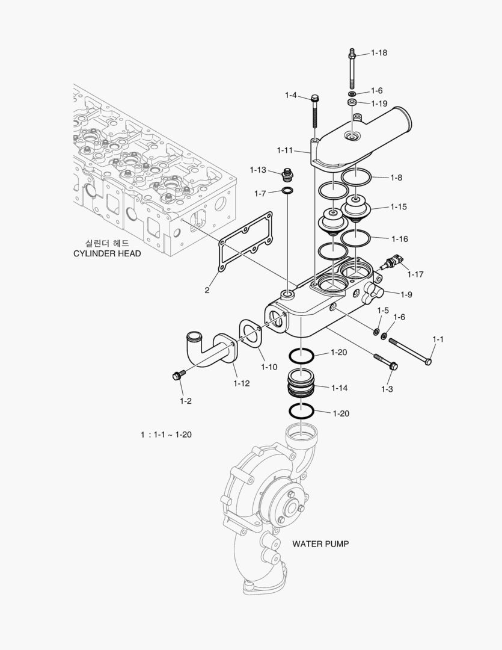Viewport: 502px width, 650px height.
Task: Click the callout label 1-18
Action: (x=379, y=53)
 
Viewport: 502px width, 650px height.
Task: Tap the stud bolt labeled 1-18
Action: (x=350, y=70)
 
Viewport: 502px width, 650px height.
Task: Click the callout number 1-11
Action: (x=285, y=150)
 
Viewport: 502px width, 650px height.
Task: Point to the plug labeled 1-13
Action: (x=287, y=176)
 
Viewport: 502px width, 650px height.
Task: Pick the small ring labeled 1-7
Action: (x=288, y=192)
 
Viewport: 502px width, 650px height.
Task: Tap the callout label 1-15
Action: (x=399, y=207)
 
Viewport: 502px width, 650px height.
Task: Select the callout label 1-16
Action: (x=399, y=239)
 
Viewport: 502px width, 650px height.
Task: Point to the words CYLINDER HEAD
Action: (x=107, y=253)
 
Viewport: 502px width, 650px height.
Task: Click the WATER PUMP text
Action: (x=320, y=543)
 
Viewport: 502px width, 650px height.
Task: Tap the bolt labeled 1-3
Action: (x=385, y=361)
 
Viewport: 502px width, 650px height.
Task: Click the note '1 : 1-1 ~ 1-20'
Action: (x=166, y=435)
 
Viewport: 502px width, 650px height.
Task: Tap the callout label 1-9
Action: (x=406, y=294)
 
